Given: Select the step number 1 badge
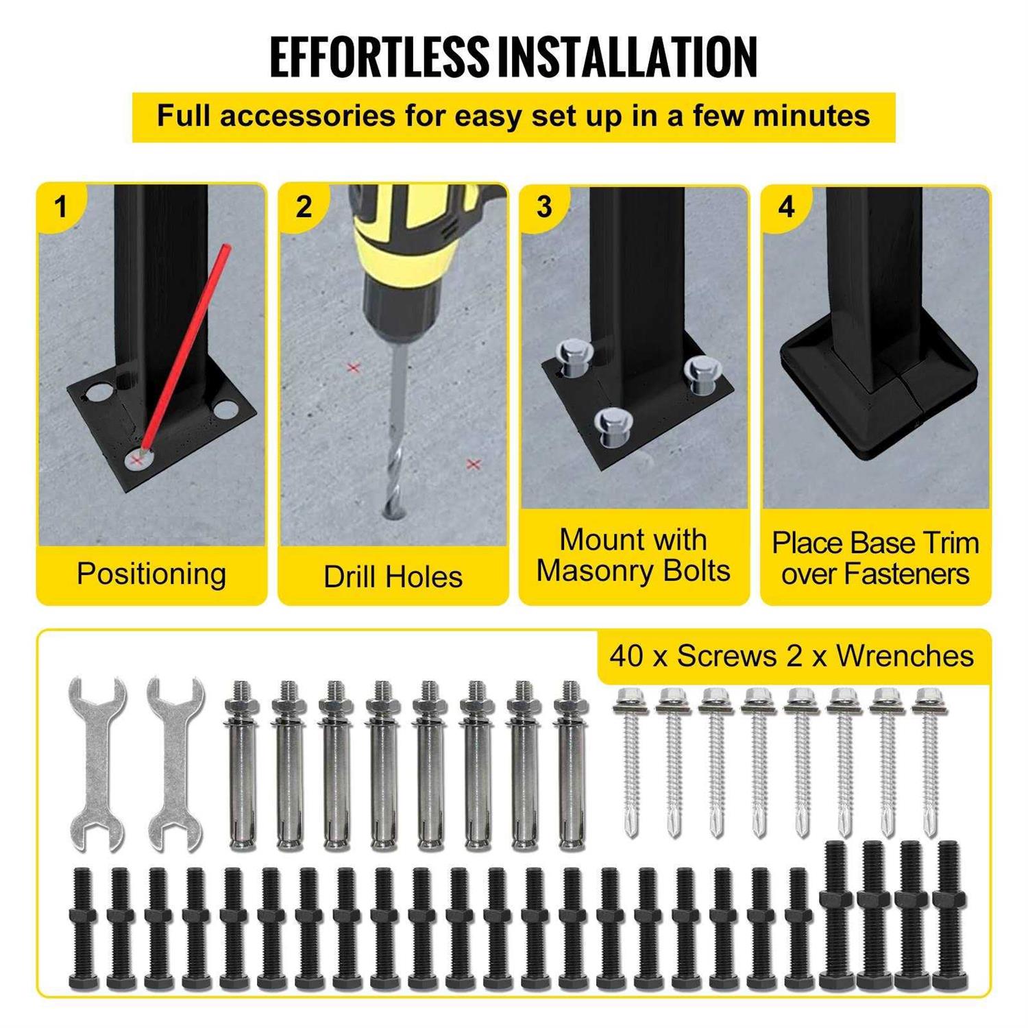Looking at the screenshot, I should [62, 206].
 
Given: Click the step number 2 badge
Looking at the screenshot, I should [303, 206].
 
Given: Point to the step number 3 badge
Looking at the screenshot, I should [545, 206].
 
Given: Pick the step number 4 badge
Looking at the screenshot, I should [786, 206].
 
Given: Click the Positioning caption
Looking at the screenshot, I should [151, 574].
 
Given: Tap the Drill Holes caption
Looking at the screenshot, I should [393, 576].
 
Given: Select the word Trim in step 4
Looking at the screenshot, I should [949, 543].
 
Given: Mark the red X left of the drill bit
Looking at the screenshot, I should [354, 368].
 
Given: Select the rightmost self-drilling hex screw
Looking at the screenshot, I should [928, 761].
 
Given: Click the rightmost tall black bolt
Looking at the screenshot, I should [948, 915].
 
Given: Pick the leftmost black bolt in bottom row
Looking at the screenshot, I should [82, 929].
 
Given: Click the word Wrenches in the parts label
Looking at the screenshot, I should [905, 656].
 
